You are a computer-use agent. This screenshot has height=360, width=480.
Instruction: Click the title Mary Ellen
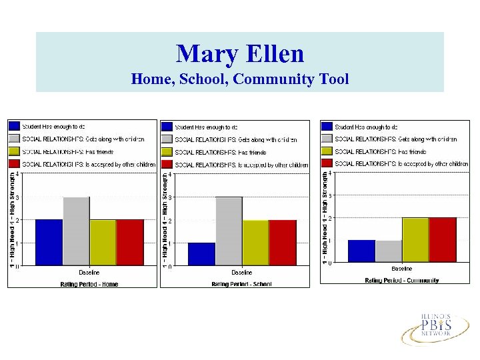(240, 53)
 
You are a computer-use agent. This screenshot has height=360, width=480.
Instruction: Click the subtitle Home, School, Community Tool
(240, 79)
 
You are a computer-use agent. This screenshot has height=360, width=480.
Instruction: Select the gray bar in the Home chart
(76, 231)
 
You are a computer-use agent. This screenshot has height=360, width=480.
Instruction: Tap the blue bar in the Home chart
(49, 242)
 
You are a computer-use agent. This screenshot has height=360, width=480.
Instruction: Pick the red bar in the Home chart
(130, 242)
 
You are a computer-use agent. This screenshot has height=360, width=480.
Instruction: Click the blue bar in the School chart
(201, 254)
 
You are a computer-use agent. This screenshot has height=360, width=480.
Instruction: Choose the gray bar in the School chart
(229, 231)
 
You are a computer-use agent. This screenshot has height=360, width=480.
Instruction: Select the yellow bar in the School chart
(255, 243)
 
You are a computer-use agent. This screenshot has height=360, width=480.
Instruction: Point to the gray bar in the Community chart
(388, 251)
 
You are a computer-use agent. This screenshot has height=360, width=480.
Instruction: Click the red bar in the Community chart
(443, 239)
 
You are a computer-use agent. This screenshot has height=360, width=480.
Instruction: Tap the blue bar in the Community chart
(361, 251)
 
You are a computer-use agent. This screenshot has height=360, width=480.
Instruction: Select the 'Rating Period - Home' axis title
(89, 284)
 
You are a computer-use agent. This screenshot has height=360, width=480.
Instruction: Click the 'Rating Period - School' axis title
(242, 284)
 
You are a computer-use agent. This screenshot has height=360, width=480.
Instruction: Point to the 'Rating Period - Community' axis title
(402, 280)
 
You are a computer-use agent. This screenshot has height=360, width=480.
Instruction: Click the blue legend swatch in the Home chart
(14, 126)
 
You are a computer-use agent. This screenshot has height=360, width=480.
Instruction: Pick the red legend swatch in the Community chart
(327, 163)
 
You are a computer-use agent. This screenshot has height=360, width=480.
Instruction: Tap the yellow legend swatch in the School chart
(167, 151)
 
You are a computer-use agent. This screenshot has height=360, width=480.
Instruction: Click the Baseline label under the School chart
(242, 273)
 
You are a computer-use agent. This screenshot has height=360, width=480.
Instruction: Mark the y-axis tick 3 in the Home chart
(17, 197)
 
